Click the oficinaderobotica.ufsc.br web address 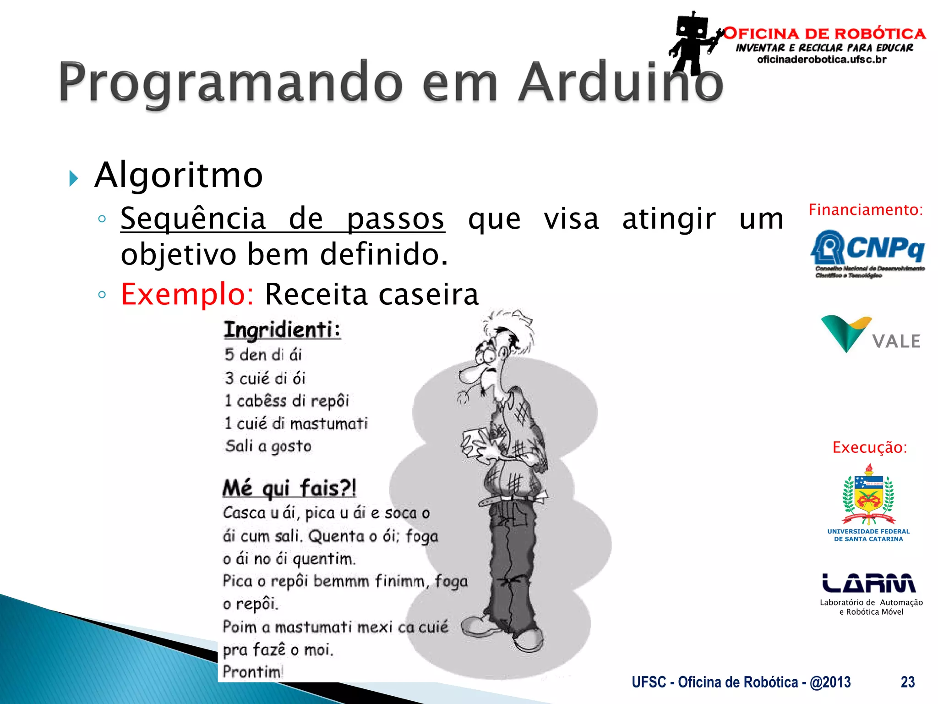tap(822, 60)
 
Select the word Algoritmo tap(179, 175)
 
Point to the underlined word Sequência tap(193, 219)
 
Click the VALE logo tap(870, 335)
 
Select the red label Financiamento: tap(865, 210)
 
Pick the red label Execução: tap(869, 447)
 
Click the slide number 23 tap(907, 682)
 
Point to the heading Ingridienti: tap(282, 330)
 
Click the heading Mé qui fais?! tap(289, 488)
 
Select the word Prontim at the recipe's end tap(252, 672)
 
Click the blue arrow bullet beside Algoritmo tap(73, 178)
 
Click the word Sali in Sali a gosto tap(239, 446)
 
